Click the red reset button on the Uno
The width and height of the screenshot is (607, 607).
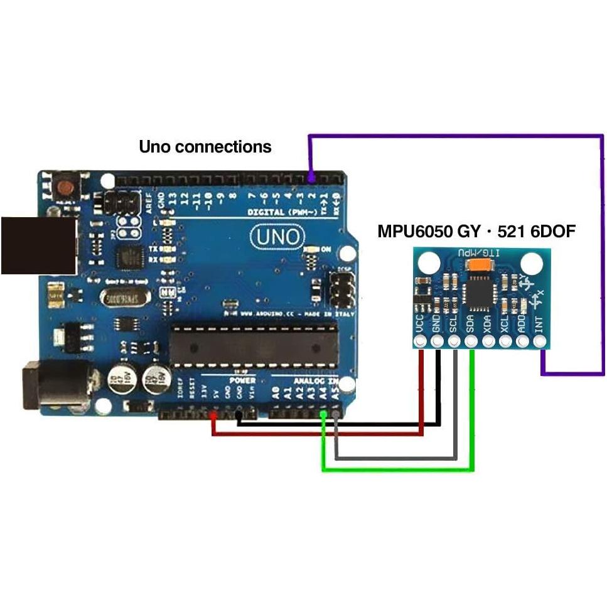[x=64, y=186]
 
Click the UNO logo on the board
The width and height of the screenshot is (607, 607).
[x=278, y=237]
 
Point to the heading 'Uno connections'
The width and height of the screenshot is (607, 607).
[x=205, y=147]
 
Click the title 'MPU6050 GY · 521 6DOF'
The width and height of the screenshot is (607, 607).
[x=476, y=232]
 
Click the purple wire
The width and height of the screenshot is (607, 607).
[x=601, y=251]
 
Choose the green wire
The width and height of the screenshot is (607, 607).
[x=402, y=468]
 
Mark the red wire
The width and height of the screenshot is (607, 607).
[x=314, y=432]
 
